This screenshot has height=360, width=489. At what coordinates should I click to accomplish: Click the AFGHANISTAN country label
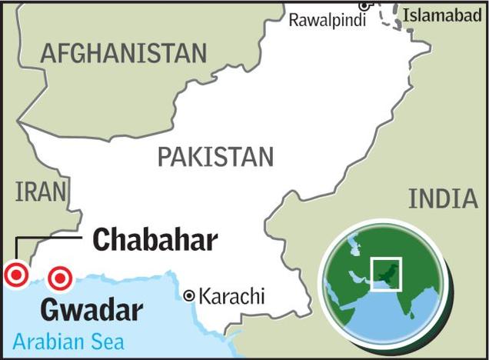point(124,53)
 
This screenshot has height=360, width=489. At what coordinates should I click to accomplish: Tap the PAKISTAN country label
point(215,156)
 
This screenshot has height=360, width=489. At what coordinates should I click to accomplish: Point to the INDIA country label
point(443,198)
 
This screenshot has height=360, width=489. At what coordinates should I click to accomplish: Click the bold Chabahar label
point(155,240)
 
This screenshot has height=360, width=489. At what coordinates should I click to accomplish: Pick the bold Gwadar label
point(91,310)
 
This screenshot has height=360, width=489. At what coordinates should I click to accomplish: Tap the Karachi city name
point(231,295)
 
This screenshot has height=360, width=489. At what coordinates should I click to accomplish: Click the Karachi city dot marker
point(189,295)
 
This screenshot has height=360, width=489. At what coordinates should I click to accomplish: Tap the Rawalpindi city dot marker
point(363,6)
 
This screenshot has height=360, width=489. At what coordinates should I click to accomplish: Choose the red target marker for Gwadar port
point(60,278)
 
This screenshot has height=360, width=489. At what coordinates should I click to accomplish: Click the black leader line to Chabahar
point(46,240)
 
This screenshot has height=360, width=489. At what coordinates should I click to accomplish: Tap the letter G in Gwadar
point(50,310)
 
